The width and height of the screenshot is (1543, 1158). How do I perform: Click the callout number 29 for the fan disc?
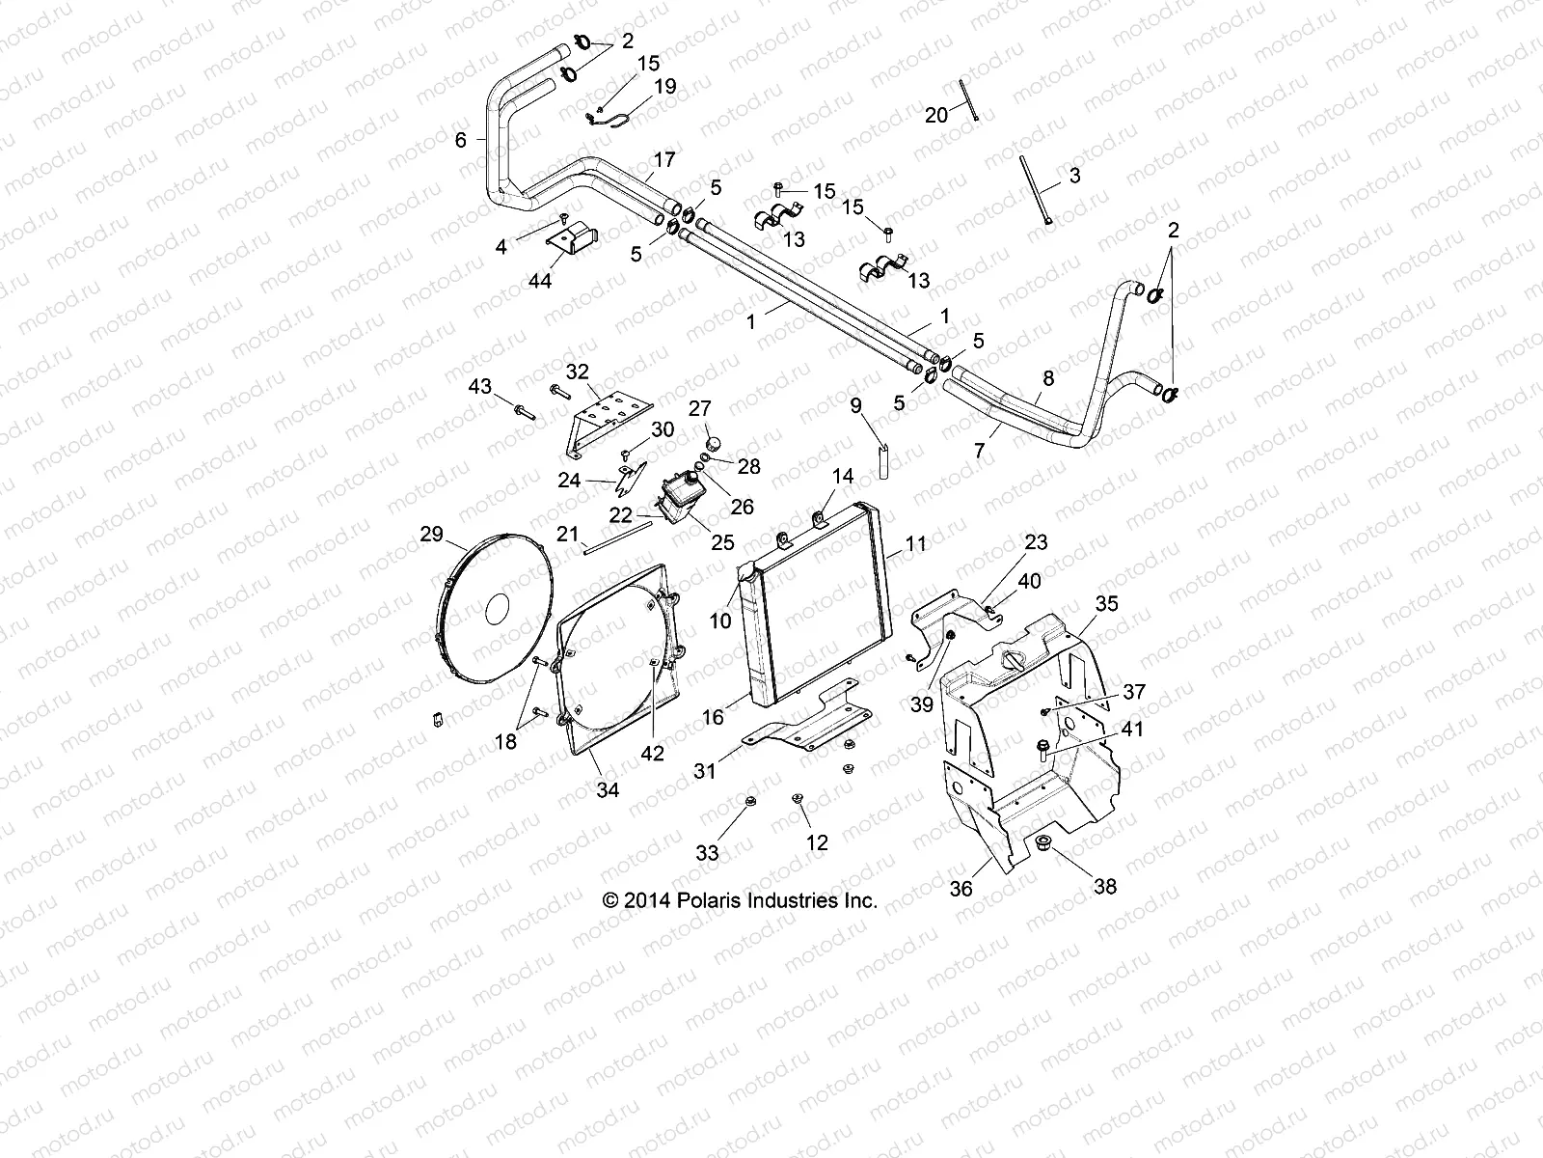tap(431, 534)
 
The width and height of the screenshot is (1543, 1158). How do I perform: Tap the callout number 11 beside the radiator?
tap(915, 544)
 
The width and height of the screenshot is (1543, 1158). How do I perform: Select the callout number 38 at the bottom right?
tap(1105, 885)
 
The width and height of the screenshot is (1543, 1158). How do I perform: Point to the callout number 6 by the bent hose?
tap(461, 140)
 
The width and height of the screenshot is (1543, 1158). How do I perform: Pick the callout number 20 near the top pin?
tap(936, 115)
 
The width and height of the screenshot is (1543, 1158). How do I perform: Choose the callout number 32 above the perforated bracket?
tap(577, 372)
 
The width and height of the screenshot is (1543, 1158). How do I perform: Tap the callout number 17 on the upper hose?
tap(664, 159)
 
